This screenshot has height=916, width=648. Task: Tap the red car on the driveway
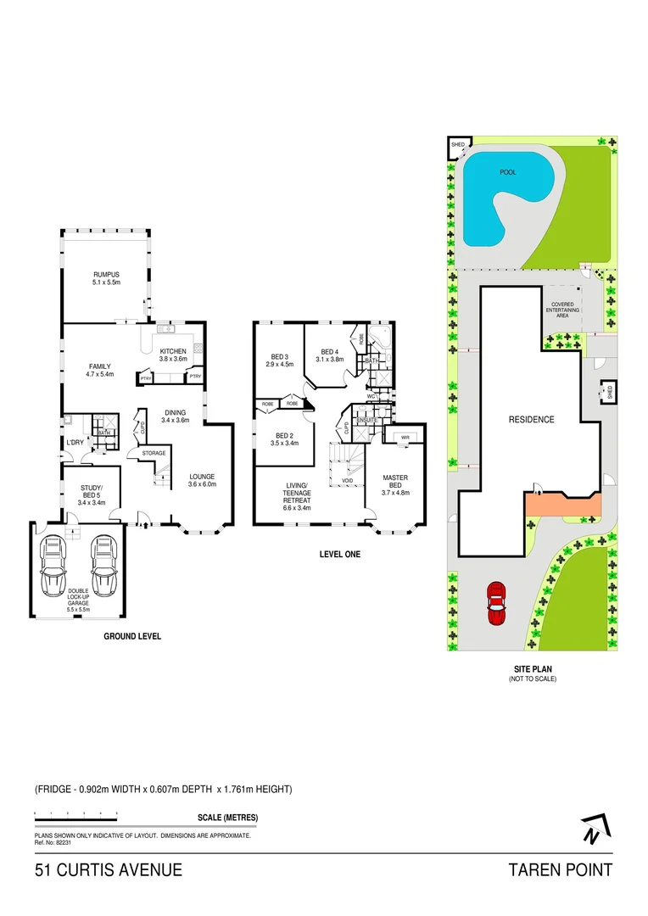tap(494, 601)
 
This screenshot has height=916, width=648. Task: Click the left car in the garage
tap(53, 567)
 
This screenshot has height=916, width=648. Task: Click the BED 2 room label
tap(281, 438)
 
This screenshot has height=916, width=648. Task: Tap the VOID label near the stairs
tap(347, 481)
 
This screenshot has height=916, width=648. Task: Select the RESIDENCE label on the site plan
tap(531, 419)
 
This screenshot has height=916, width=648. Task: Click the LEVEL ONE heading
tap(339, 555)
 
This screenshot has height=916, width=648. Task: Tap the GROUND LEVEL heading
tap(132, 635)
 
